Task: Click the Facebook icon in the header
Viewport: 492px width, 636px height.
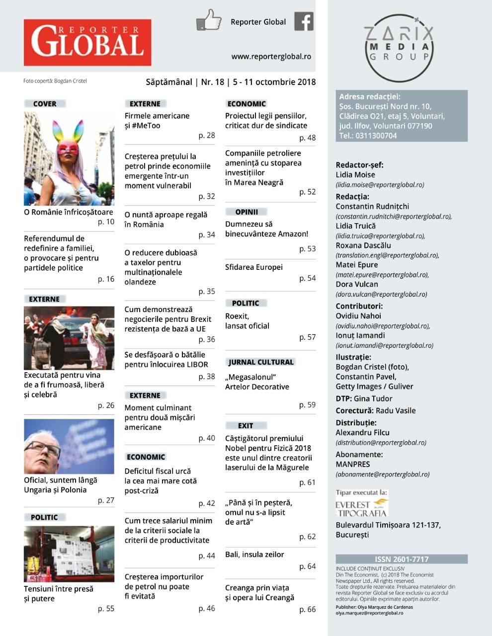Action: (x=304, y=21)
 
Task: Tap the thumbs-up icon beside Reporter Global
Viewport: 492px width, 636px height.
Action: (x=208, y=20)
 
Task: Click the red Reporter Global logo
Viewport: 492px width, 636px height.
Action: (x=87, y=42)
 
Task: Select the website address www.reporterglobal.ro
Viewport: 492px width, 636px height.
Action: (x=271, y=57)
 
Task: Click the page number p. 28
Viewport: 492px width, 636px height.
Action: (x=207, y=136)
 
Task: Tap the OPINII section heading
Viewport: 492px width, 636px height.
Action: (x=247, y=212)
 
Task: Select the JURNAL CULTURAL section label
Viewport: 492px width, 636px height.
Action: (x=261, y=362)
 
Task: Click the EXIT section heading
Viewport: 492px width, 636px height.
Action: (x=246, y=426)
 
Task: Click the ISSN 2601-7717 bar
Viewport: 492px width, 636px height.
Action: (x=402, y=559)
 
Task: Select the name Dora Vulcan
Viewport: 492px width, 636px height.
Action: (x=357, y=284)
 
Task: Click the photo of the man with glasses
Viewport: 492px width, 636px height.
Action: (x=69, y=447)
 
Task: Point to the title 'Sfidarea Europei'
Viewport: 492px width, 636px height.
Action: (x=253, y=267)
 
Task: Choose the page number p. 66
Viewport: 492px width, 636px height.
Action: (x=307, y=609)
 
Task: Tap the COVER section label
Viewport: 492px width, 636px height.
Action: (x=45, y=104)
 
